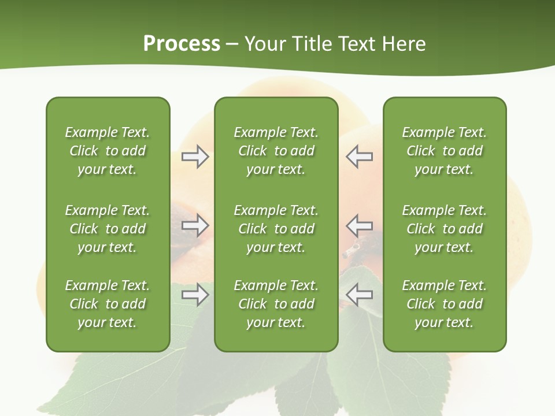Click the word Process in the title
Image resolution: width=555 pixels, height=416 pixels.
pyautogui.click(x=182, y=44)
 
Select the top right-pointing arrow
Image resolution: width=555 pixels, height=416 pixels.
pyautogui.click(x=195, y=157)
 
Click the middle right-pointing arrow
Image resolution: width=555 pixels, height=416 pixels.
pyautogui.click(x=195, y=225)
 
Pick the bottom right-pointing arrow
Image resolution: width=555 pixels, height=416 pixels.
pyautogui.click(x=195, y=295)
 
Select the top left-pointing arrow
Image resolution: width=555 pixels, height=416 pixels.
pyautogui.click(x=360, y=157)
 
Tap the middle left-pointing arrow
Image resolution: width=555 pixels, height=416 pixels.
pyautogui.click(x=360, y=225)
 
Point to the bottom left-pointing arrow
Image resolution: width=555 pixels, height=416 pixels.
pyautogui.click(x=360, y=295)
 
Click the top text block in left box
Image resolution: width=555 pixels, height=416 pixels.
pyautogui.click(x=108, y=151)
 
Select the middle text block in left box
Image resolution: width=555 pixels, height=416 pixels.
pyautogui.click(x=108, y=229)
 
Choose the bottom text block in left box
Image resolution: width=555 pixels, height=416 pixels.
pyautogui.click(x=108, y=304)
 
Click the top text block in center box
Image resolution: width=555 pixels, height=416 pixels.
pyautogui.click(x=276, y=151)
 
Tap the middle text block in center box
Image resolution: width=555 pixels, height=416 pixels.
pyautogui.click(x=276, y=229)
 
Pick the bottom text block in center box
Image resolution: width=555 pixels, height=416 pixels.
pyautogui.click(x=276, y=304)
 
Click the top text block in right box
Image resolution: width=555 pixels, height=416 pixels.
pyautogui.click(x=444, y=151)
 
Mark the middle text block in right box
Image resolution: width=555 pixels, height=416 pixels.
pyautogui.click(x=444, y=229)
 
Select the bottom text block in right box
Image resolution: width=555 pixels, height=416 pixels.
pyautogui.click(x=444, y=304)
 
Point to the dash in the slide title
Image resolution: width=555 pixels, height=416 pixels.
pyautogui.click(x=232, y=44)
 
